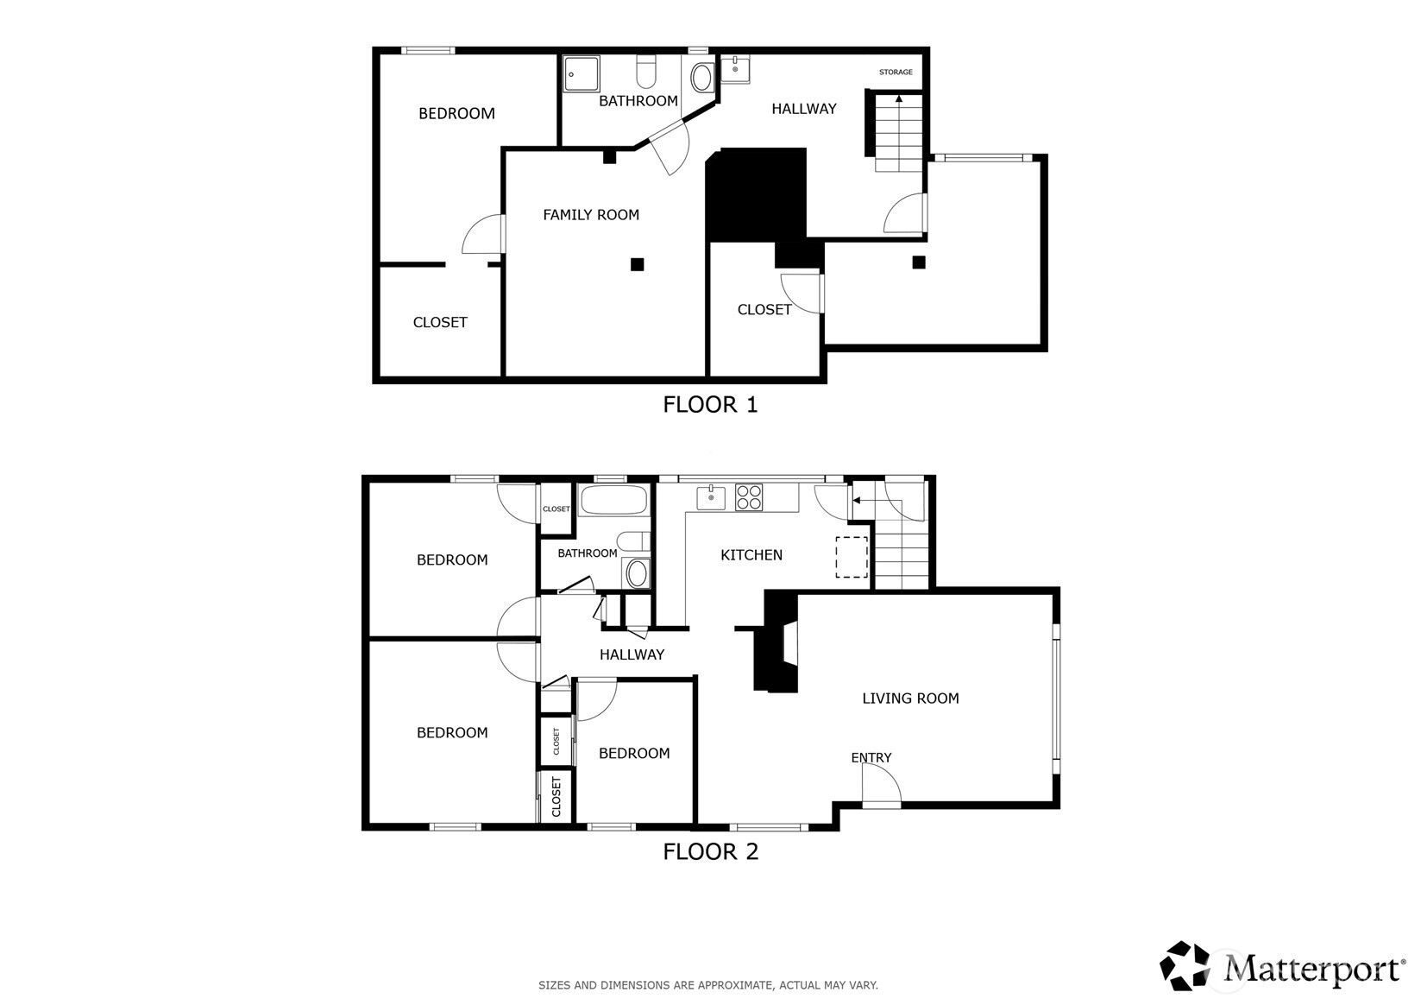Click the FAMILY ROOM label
coord(591,215)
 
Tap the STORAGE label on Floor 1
coord(896,72)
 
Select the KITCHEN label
coord(751,555)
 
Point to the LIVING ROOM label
coord(910,698)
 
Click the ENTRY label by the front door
coord(871,757)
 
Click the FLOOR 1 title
coord(711,404)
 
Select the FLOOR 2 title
coord(711,851)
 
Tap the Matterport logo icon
coord(1185,966)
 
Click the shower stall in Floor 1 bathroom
coord(581,74)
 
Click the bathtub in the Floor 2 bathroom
coord(613,500)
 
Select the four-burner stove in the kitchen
coord(749,497)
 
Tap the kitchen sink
coord(711,497)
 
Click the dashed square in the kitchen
coord(852,558)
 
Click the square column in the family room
coord(637,264)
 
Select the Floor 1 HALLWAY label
coord(804,109)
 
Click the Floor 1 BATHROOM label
coord(638,100)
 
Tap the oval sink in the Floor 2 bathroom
coord(636,573)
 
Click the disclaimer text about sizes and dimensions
coord(708,985)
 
